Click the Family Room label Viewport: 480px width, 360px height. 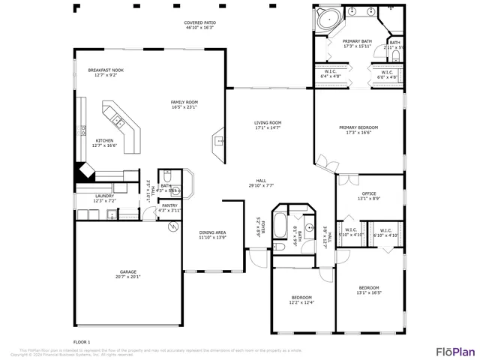click(184, 102)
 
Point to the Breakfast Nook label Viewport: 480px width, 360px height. click(105, 69)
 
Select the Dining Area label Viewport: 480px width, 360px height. click(212, 232)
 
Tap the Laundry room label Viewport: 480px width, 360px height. click(104, 196)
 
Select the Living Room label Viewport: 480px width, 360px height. click(268, 122)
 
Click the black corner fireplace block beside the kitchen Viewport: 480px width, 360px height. click(81, 172)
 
